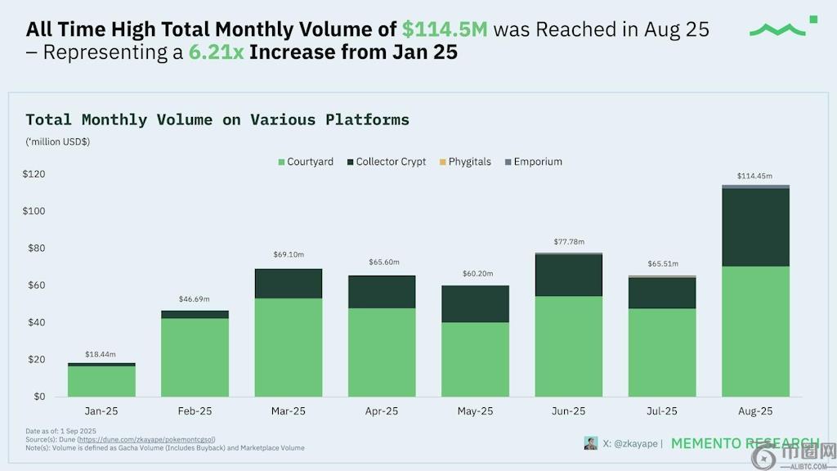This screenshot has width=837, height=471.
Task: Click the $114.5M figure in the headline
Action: click(x=445, y=30)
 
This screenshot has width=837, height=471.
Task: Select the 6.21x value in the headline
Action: click(x=217, y=53)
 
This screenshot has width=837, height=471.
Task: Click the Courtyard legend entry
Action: click(x=305, y=162)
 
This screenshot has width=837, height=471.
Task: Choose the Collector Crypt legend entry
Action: click(x=386, y=162)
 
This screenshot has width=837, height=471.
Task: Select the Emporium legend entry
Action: click(x=533, y=162)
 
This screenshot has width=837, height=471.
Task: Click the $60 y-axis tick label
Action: click(x=36, y=285)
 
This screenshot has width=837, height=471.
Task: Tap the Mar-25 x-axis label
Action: click(x=289, y=411)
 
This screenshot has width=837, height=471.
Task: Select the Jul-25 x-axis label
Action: click(x=662, y=411)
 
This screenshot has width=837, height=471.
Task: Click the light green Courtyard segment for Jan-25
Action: click(x=101, y=381)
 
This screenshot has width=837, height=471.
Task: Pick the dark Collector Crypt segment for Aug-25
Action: click(x=755, y=227)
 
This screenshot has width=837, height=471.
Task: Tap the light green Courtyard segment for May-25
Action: click(x=475, y=360)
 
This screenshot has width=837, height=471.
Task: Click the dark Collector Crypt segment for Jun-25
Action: click(x=568, y=275)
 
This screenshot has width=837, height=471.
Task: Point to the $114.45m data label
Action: click(x=755, y=176)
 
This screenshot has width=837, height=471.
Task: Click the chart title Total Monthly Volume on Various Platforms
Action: click(x=217, y=120)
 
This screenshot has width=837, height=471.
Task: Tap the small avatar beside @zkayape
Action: click(x=590, y=443)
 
